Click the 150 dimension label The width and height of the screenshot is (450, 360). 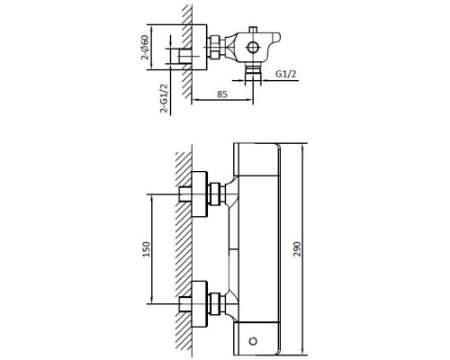pyautogui.click(x=147, y=248)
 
